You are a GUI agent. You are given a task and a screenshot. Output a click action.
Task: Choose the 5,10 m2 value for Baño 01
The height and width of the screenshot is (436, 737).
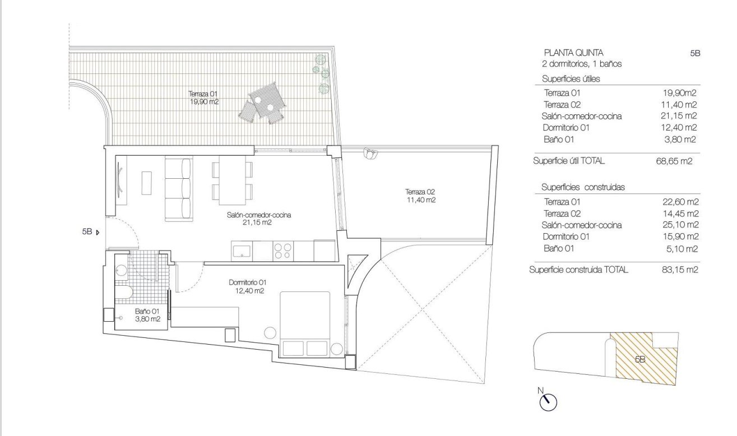[x=682, y=249]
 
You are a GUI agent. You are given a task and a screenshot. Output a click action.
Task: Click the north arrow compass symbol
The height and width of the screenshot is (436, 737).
[x=549, y=401]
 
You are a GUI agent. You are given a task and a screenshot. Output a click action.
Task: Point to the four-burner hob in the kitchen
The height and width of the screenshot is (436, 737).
[x=283, y=250]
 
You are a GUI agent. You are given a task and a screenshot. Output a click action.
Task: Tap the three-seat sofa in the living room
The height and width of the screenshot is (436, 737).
[x=179, y=188]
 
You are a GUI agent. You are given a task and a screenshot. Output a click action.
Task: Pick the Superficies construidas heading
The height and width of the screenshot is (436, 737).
[x=582, y=187]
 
